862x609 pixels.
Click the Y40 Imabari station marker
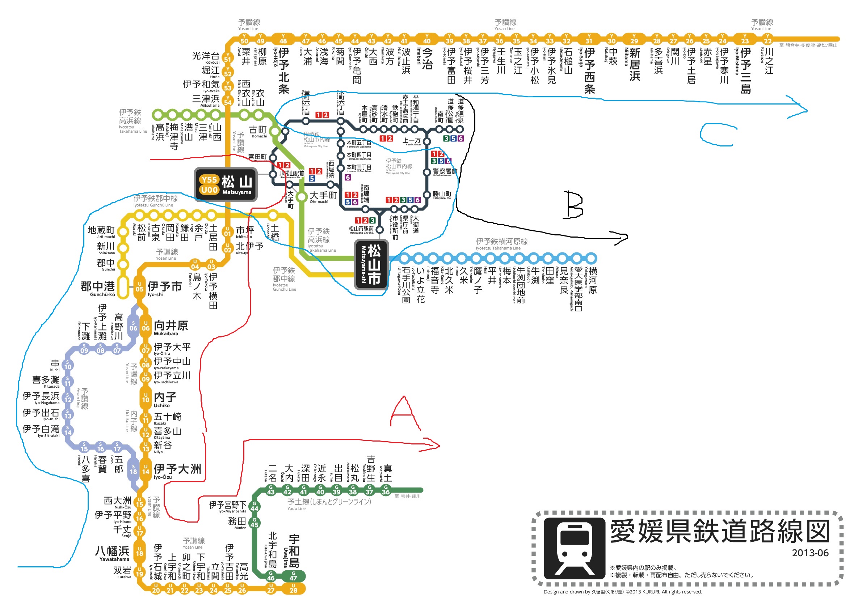click(426, 39)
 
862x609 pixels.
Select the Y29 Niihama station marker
click(634, 39)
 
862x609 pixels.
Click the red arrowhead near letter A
click(434, 445)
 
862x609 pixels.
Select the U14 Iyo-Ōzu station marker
click(146, 470)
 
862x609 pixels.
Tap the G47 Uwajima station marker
click(293, 576)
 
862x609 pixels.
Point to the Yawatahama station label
click(112, 553)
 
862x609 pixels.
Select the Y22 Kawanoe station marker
click(768, 39)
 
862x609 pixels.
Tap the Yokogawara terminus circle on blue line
click(591, 258)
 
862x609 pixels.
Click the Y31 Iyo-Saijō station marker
click(589, 39)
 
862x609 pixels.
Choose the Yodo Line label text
click(329, 502)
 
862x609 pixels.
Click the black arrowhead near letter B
click(622, 237)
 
